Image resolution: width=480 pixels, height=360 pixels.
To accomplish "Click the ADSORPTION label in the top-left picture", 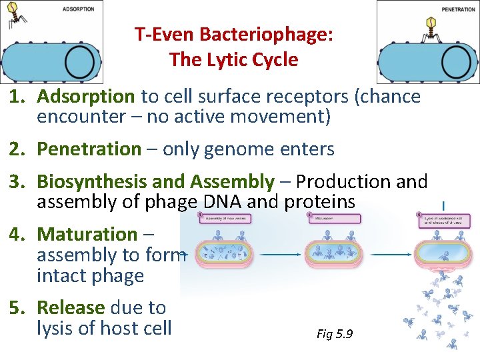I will (79, 9).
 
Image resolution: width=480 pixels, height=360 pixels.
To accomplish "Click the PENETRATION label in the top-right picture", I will (459, 10).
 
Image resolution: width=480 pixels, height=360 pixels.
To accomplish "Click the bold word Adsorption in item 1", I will (86, 97).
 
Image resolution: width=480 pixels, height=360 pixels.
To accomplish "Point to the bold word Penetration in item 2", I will (89, 149).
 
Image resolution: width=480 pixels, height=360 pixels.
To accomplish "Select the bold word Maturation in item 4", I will (87, 234).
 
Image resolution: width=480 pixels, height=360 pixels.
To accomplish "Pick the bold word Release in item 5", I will (71, 307).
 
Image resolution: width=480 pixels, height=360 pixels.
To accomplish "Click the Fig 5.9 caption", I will (335, 333).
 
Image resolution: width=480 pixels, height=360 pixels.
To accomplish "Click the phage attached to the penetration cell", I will (430, 28).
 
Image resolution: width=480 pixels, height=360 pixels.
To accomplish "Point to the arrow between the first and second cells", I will (277, 254).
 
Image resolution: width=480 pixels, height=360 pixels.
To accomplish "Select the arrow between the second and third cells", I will (390, 254).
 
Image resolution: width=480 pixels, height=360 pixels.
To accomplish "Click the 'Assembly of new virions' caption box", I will (226, 218).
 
